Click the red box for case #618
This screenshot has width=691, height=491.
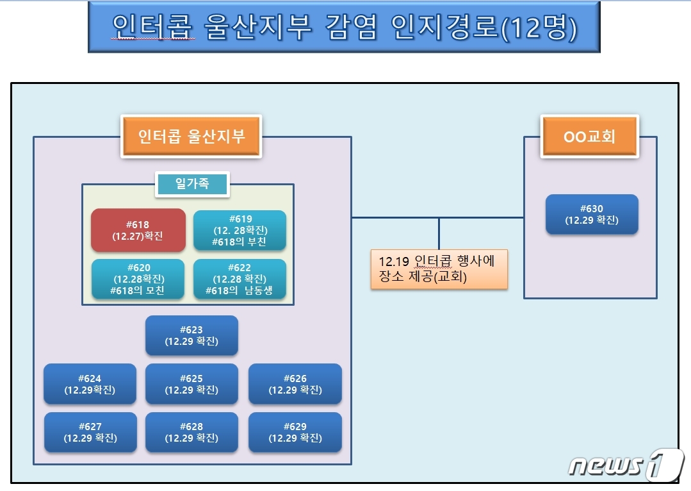pyautogui.click(x=138, y=230)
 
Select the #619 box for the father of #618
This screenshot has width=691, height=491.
pyautogui.click(x=240, y=230)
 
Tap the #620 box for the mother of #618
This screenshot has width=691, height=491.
pyautogui.click(x=138, y=279)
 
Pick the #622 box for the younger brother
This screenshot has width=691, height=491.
pyautogui.click(x=240, y=279)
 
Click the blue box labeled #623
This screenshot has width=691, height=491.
pyautogui.click(x=191, y=335)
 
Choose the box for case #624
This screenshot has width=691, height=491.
pyautogui.click(x=90, y=384)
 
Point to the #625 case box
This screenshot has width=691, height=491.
pyautogui.click(x=191, y=384)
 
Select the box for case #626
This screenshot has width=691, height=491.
pyautogui.click(x=295, y=384)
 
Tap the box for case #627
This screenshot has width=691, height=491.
pyautogui.click(x=90, y=432)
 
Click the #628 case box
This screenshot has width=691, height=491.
pyautogui.click(x=191, y=432)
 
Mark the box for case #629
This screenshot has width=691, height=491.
pyautogui.click(x=295, y=432)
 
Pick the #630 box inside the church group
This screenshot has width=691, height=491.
pyautogui.click(x=592, y=214)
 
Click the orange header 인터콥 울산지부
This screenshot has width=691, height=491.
pyautogui.click(x=191, y=137)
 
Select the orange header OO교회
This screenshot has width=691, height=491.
pyautogui.click(x=590, y=137)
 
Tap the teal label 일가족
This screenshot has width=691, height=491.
pyautogui.click(x=192, y=183)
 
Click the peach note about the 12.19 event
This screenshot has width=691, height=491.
pyautogui.click(x=439, y=269)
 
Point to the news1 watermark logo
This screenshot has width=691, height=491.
pyautogui.click(x=626, y=465)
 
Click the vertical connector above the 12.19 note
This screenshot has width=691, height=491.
pyautogui.click(x=439, y=233)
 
